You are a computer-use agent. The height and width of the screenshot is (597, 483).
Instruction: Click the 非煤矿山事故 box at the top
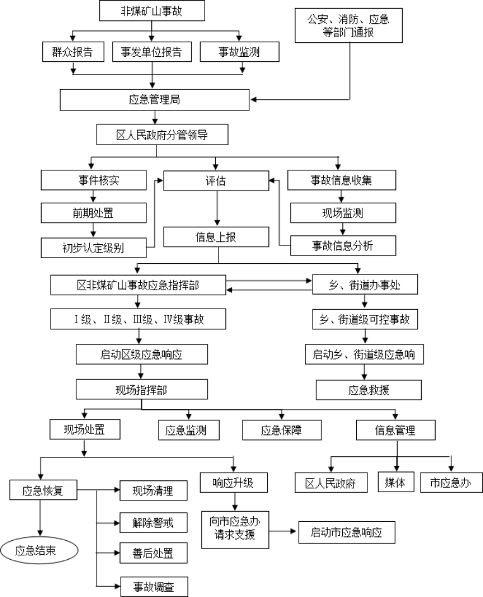[x=152, y=11]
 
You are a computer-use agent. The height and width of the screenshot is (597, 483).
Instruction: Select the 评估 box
[x=216, y=180]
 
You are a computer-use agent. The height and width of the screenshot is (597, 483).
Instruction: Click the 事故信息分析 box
[x=342, y=245]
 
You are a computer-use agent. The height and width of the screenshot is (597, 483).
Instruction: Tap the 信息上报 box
[x=217, y=238]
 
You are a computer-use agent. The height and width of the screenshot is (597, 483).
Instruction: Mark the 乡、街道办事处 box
[x=365, y=285]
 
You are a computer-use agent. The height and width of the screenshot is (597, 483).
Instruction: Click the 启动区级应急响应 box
[x=141, y=354]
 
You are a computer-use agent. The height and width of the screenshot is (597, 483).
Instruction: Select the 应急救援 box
[x=369, y=389]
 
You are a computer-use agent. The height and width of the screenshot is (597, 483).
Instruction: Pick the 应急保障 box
[x=282, y=430]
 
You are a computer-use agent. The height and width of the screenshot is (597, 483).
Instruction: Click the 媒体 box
[x=395, y=483]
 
